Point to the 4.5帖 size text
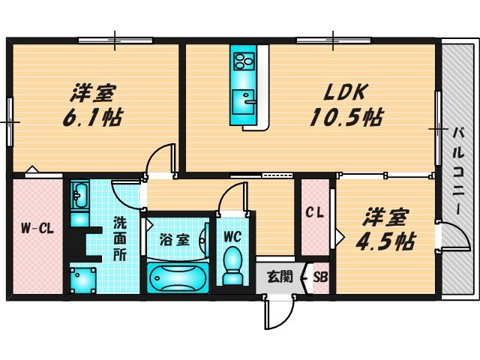coord(385,241)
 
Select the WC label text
coord(232,235)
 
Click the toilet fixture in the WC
coord(232,265)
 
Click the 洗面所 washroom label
coord(120,238)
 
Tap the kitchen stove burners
coord(244,58)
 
